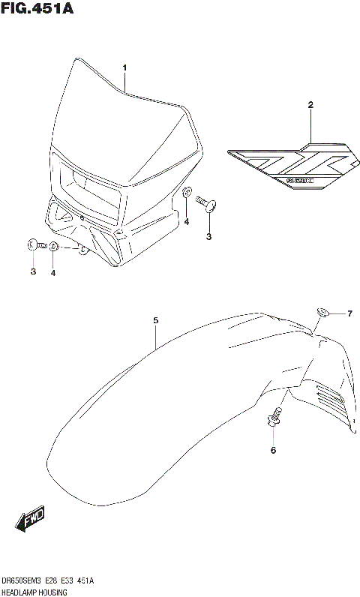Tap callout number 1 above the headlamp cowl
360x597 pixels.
coord(125,67)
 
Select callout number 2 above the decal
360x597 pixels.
coord(309,106)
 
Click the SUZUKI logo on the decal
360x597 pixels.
coord(300,178)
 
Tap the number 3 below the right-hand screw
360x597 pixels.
coord(209,237)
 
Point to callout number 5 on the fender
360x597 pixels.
coord(155,321)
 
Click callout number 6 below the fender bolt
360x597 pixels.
coord(273,450)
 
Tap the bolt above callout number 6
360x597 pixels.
coord(274,418)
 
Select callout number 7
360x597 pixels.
coord(349,313)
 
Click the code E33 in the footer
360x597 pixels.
coord(78,581)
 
